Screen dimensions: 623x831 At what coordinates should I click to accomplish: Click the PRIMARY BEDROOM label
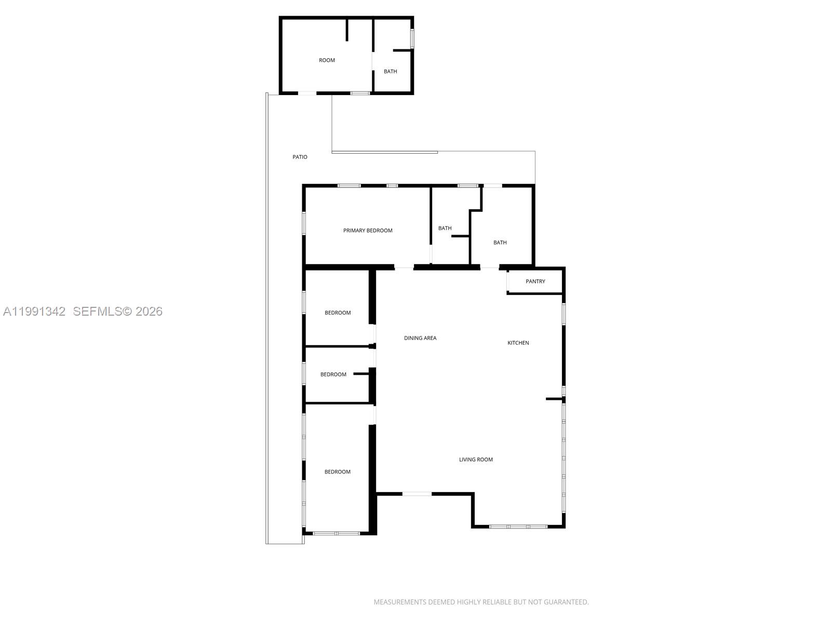368,231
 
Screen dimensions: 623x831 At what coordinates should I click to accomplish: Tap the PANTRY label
535,281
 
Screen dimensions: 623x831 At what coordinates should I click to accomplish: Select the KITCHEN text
518,343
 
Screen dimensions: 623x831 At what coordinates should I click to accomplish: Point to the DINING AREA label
420,338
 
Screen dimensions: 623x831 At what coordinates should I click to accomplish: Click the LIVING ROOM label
476,459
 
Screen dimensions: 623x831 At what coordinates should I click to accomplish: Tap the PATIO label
300,157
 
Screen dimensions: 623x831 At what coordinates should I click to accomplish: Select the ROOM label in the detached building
327,60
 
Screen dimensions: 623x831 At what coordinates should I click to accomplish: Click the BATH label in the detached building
391,72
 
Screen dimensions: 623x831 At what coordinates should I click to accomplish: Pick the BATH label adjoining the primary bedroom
445,228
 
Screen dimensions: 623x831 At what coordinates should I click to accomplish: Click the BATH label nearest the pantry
500,242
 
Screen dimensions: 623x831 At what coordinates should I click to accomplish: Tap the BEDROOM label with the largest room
338,472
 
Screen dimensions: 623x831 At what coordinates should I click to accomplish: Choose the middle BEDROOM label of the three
333,374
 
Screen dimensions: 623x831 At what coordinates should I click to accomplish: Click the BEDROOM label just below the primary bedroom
338,313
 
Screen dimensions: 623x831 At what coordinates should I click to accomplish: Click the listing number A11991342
34,311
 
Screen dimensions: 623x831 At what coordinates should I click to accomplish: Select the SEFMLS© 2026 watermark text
118,311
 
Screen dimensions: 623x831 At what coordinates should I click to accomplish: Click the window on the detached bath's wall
412,38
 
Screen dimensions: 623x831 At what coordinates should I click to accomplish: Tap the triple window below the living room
518,526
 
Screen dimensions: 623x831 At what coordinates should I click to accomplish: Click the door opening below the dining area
417,494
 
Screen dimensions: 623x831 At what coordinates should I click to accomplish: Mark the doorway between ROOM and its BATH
373,60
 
